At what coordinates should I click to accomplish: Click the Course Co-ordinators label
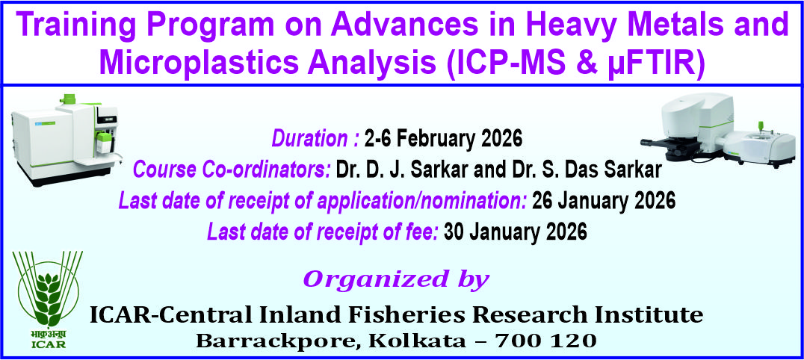pyautogui.click(x=231, y=170)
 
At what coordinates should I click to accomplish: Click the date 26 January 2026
pyautogui.click(x=604, y=201)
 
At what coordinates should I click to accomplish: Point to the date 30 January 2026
pyautogui.click(x=516, y=232)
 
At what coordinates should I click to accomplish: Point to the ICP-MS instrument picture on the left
pyautogui.click(x=64, y=138)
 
